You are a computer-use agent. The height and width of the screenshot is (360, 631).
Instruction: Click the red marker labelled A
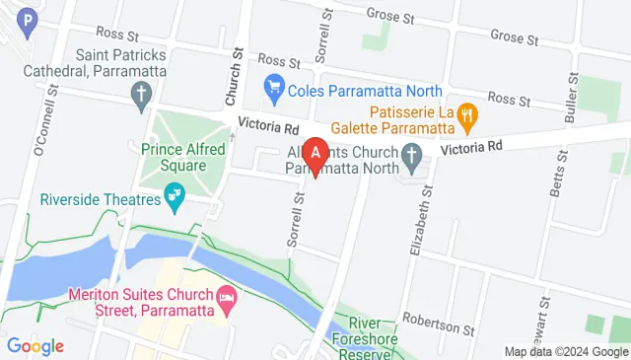point(315,155)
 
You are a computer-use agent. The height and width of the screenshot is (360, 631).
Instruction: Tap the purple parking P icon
point(31,19)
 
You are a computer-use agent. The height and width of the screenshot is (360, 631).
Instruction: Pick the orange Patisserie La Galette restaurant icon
point(468,115)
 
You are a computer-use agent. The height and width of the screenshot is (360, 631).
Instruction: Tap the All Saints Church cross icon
point(412,155)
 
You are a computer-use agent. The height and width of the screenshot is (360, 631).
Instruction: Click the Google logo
point(35,346)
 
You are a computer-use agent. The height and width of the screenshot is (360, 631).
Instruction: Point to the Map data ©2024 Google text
point(566,351)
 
